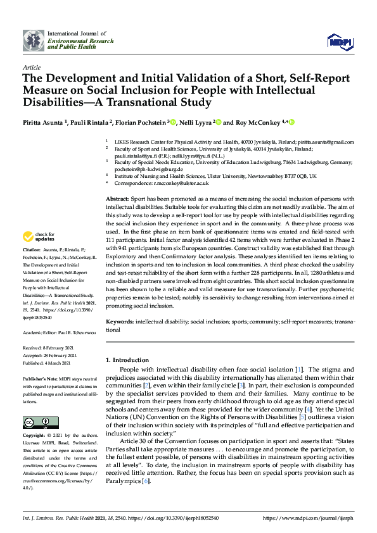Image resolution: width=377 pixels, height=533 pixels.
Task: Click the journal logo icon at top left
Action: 33,41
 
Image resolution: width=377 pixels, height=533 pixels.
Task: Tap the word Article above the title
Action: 32,66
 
